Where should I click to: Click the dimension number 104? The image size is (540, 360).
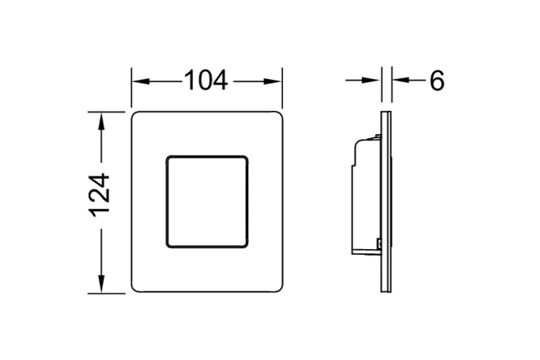click(x=206, y=81)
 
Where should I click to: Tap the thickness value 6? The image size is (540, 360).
click(x=437, y=81)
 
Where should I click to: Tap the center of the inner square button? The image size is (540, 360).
click(x=207, y=201)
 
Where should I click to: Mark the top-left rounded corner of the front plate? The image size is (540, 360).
click(x=136, y=116)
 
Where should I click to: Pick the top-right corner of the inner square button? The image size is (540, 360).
click(x=245, y=158)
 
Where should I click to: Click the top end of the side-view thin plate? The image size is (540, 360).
click(x=386, y=114)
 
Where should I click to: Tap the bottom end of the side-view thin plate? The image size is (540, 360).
click(x=386, y=290)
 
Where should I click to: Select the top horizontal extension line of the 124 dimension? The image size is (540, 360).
click(x=108, y=112)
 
